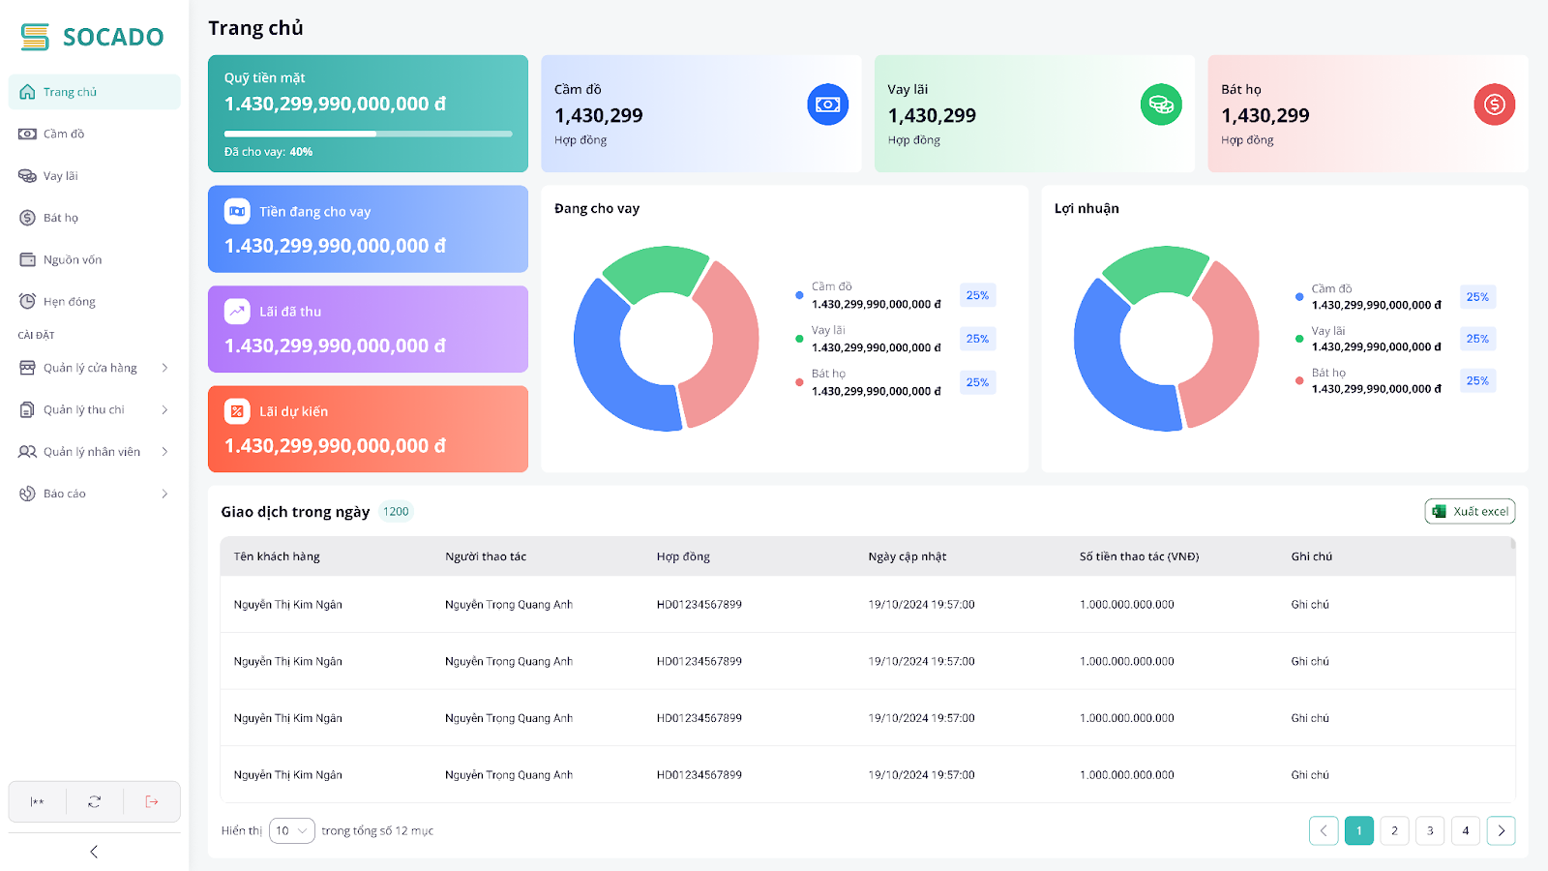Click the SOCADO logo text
pyautogui.click(x=112, y=37)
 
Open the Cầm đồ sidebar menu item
pyautogui.click(x=64, y=134)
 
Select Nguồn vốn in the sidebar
pyautogui.click(x=72, y=259)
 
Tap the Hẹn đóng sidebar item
pyautogui.click(x=69, y=301)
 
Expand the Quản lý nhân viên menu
pyautogui.click(x=93, y=451)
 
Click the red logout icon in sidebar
pyautogui.click(x=152, y=801)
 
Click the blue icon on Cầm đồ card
pyautogui.click(x=827, y=105)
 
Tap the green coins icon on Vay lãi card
pyautogui.click(x=1161, y=105)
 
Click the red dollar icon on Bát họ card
pyautogui.click(x=1494, y=105)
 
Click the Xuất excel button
pyautogui.click(x=1470, y=511)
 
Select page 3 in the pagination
pyautogui.click(x=1430, y=830)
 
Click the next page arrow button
pyautogui.click(x=1501, y=830)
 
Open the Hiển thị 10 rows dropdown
pyautogui.click(x=291, y=830)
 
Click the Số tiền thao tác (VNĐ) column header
pyautogui.click(x=1139, y=556)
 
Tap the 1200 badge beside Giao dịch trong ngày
pyautogui.click(x=396, y=511)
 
